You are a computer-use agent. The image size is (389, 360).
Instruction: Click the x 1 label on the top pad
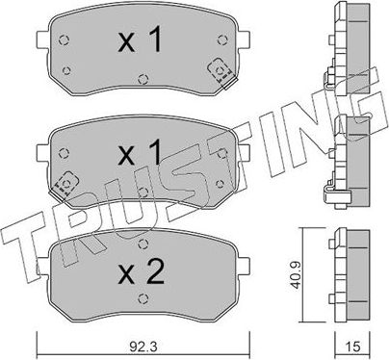click(x=139, y=41)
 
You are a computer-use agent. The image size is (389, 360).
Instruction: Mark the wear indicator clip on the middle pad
click(x=67, y=180)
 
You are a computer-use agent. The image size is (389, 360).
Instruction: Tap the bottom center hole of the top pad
click(x=141, y=80)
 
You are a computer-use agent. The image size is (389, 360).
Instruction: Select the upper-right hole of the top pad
click(x=216, y=40)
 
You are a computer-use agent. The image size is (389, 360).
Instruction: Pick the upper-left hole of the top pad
click(x=64, y=40)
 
